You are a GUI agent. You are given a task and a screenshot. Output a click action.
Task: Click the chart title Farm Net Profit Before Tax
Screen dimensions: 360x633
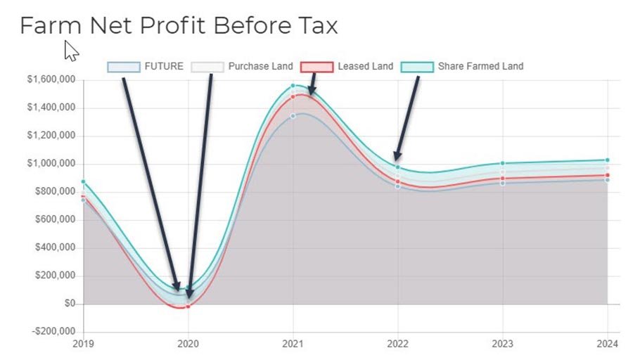(x=179, y=26)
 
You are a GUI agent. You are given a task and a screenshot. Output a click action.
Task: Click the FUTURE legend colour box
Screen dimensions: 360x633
(x=124, y=67)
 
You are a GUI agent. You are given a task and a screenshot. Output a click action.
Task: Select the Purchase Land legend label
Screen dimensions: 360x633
(x=260, y=67)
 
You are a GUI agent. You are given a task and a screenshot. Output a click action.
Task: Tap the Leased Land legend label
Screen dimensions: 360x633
(x=365, y=67)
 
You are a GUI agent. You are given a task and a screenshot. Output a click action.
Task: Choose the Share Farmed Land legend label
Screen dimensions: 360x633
(x=480, y=67)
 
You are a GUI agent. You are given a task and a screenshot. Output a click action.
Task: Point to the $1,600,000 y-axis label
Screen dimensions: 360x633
(x=51, y=80)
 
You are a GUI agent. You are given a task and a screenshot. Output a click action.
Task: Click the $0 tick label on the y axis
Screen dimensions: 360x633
(x=69, y=304)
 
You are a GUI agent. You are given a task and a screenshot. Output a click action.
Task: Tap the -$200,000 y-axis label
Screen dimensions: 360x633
(x=53, y=332)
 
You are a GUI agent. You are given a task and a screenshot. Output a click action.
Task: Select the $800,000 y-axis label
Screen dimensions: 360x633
(x=56, y=192)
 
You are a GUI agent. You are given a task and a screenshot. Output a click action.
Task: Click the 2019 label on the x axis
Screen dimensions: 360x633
(x=84, y=345)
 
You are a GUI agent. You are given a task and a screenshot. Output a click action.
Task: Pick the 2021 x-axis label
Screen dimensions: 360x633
(x=293, y=345)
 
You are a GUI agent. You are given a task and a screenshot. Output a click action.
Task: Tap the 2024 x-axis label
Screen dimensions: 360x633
(x=608, y=345)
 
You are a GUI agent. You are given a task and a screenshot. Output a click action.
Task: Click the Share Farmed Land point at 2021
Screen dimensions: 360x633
(x=293, y=86)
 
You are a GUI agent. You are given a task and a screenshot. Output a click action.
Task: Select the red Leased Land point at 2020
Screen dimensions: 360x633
(x=188, y=307)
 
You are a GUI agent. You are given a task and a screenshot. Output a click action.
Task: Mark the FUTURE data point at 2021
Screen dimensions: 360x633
(x=293, y=116)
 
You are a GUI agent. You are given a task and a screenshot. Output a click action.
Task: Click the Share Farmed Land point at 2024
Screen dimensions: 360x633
(x=608, y=160)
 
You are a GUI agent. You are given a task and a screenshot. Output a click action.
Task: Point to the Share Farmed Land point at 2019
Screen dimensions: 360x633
(x=84, y=182)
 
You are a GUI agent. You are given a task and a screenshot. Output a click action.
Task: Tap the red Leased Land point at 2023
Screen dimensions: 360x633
(x=503, y=179)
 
